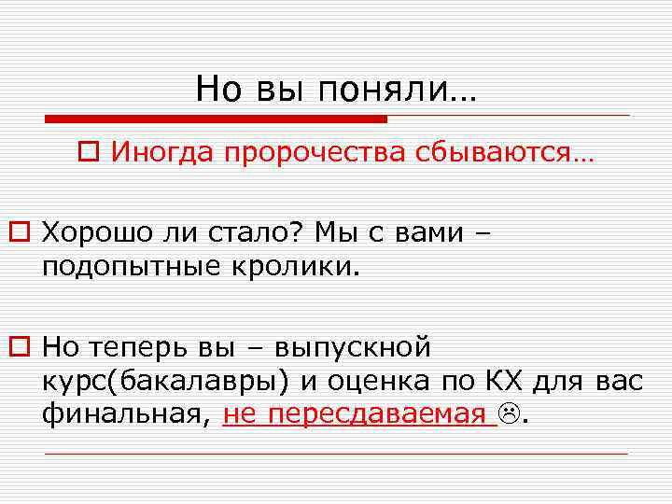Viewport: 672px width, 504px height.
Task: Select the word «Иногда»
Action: point(161,151)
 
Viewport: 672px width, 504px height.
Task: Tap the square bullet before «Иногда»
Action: point(89,151)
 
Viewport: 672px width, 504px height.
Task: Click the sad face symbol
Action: point(510,413)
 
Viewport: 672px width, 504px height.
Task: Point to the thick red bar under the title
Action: point(216,119)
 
